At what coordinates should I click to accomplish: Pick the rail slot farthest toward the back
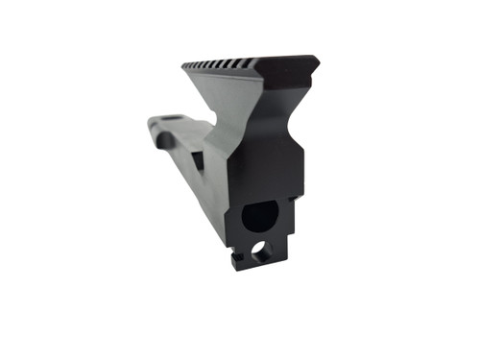pyautogui.click(x=187, y=65)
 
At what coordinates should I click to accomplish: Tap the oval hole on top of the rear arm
pyautogui.click(x=167, y=120)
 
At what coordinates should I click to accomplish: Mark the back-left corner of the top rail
pyautogui.click(x=182, y=63)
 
